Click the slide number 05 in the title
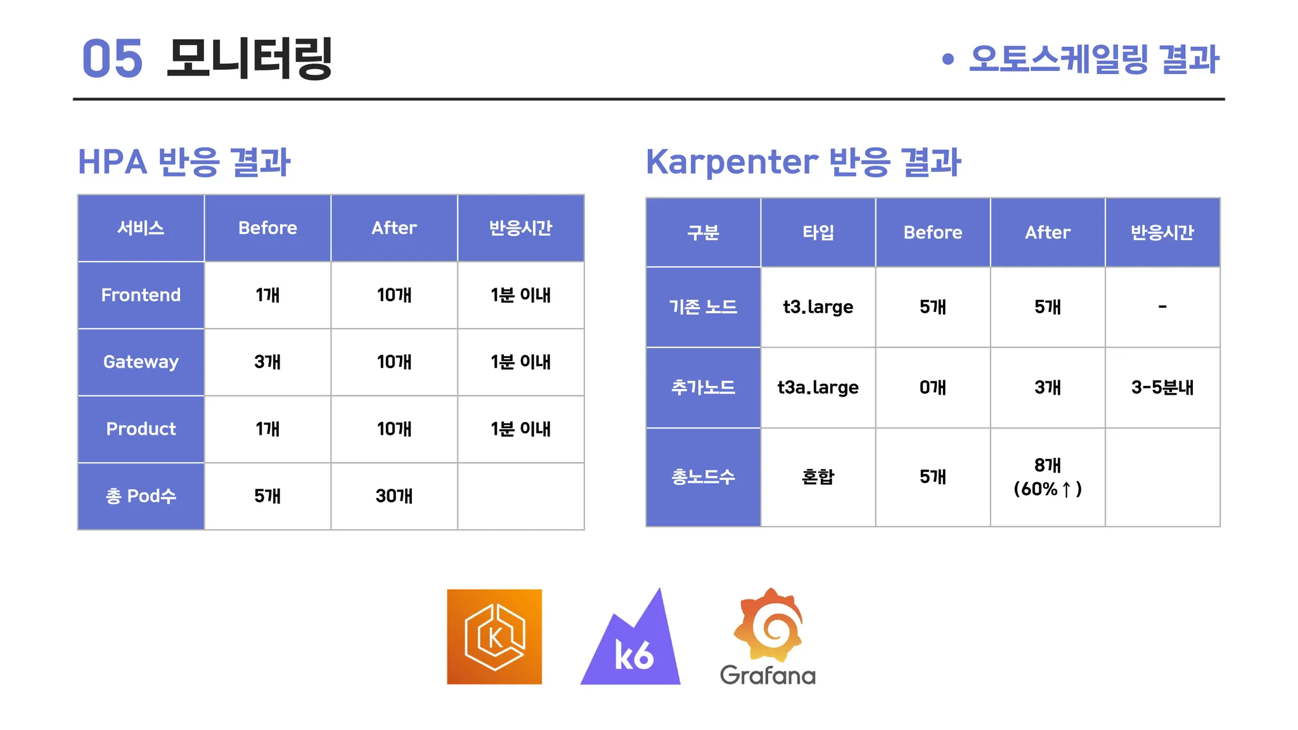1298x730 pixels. tap(112, 58)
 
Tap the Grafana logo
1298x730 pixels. tap(768, 636)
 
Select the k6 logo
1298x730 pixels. tap(631, 636)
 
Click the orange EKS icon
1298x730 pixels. tap(494, 637)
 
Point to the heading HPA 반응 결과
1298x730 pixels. tap(184, 162)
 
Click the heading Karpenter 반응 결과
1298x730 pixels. tap(804, 162)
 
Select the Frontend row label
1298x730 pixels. tap(141, 295)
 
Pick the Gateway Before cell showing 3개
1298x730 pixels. tap(267, 362)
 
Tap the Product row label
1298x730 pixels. tap(141, 429)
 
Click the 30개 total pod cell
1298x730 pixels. tap(394, 496)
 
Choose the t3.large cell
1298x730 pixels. tap(818, 307)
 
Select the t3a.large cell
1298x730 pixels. tap(818, 387)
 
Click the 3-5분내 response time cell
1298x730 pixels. tap(1162, 387)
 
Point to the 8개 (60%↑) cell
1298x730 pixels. tap(1048, 477)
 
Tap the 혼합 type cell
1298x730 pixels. tap(818, 477)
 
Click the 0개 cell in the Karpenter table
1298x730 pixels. tap(933, 387)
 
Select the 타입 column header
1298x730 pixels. tap(818, 233)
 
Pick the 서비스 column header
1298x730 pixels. tap(141, 228)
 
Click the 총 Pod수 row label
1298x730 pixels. tap(141, 496)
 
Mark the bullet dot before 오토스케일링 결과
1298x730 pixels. tap(948, 59)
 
